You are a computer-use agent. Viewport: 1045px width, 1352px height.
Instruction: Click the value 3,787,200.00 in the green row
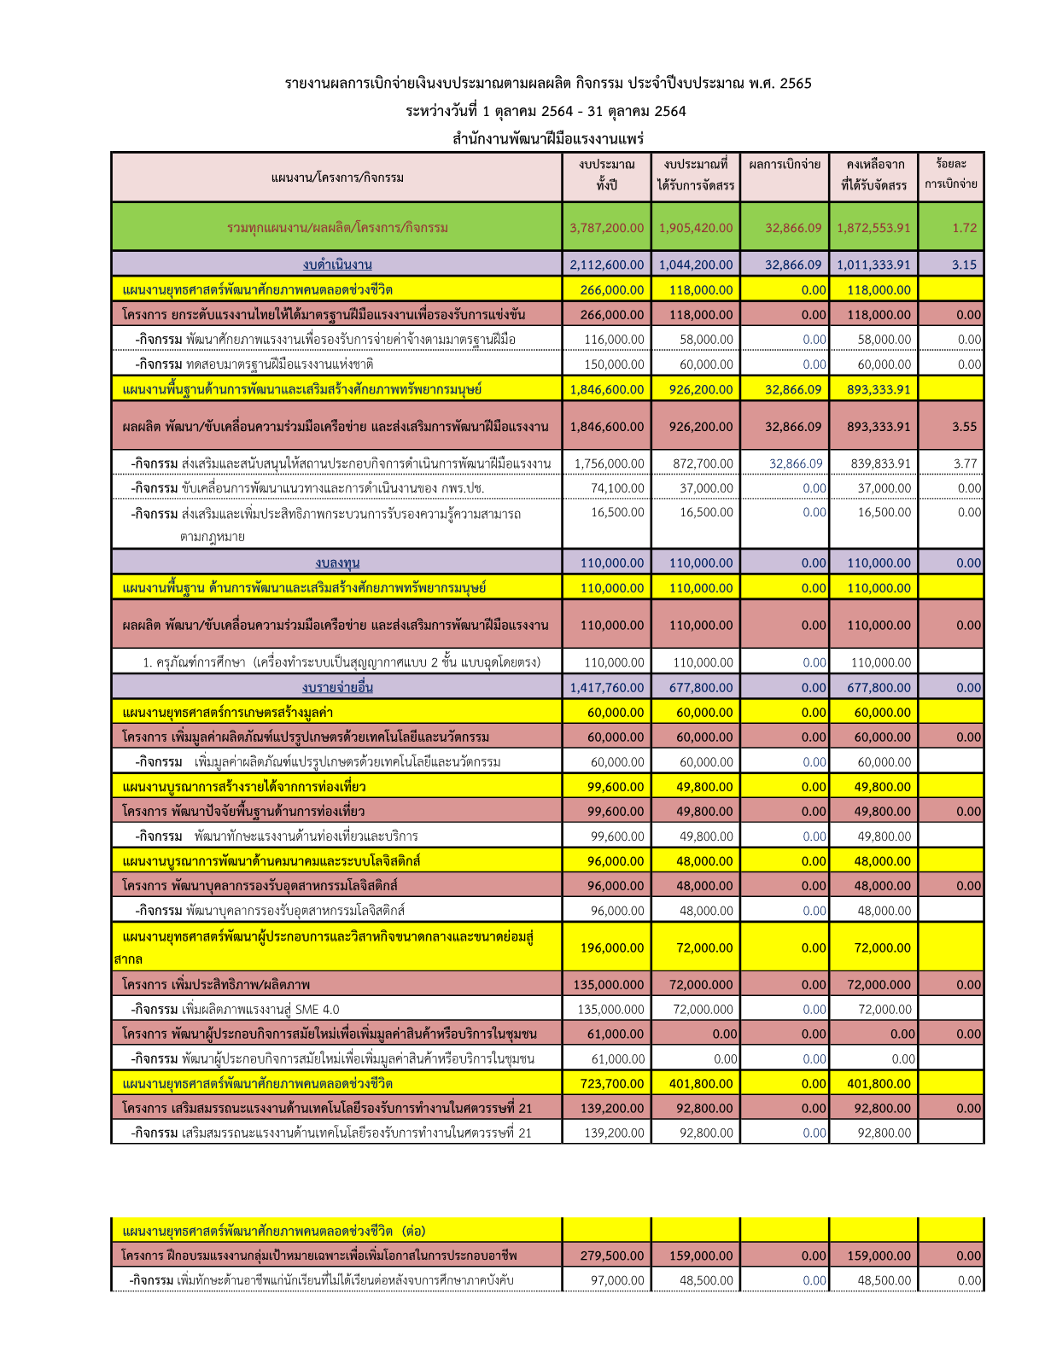pyautogui.click(x=606, y=228)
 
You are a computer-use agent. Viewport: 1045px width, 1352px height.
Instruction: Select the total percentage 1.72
pyautogui.click(x=964, y=228)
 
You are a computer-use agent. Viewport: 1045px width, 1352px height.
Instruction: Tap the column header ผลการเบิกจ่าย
pyautogui.click(x=785, y=165)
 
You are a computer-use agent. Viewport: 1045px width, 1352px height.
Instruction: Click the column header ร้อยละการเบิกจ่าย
pyautogui.click(x=950, y=174)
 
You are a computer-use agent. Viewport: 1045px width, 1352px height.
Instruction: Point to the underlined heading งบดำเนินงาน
pyautogui.click(x=337, y=265)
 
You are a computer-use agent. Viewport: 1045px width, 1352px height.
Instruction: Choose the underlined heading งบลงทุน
pyautogui.click(x=337, y=562)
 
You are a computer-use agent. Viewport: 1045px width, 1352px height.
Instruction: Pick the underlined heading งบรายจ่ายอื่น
pyautogui.click(x=337, y=687)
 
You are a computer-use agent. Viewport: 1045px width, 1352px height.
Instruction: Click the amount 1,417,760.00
pyautogui.click(x=606, y=687)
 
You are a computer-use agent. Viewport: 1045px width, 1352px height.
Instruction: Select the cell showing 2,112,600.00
pyautogui.click(x=606, y=265)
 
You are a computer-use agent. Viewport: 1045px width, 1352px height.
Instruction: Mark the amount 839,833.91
pyautogui.click(x=880, y=463)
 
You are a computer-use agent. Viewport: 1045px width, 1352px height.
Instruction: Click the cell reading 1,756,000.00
pyautogui.click(x=609, y=463)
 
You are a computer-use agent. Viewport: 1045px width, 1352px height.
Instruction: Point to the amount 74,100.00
pyautogui.click(x=617, y=488)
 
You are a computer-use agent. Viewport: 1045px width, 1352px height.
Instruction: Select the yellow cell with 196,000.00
pyautogui.click(x=611, y=947)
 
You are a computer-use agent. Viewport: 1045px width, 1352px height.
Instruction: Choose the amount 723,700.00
pyautogui.click(x=611, y=1083)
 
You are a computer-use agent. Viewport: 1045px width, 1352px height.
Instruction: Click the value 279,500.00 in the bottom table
pyautogui.click(x=611, y=1256)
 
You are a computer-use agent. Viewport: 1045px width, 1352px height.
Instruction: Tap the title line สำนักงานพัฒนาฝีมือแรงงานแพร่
pyautogui.click(x=547, y=138)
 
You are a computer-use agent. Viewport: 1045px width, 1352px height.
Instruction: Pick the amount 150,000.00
pyautogui.click(x=614, y=364)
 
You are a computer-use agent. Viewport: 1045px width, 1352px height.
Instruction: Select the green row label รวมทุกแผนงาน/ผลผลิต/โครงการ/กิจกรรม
pyautogui.click(x=337, y=228)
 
